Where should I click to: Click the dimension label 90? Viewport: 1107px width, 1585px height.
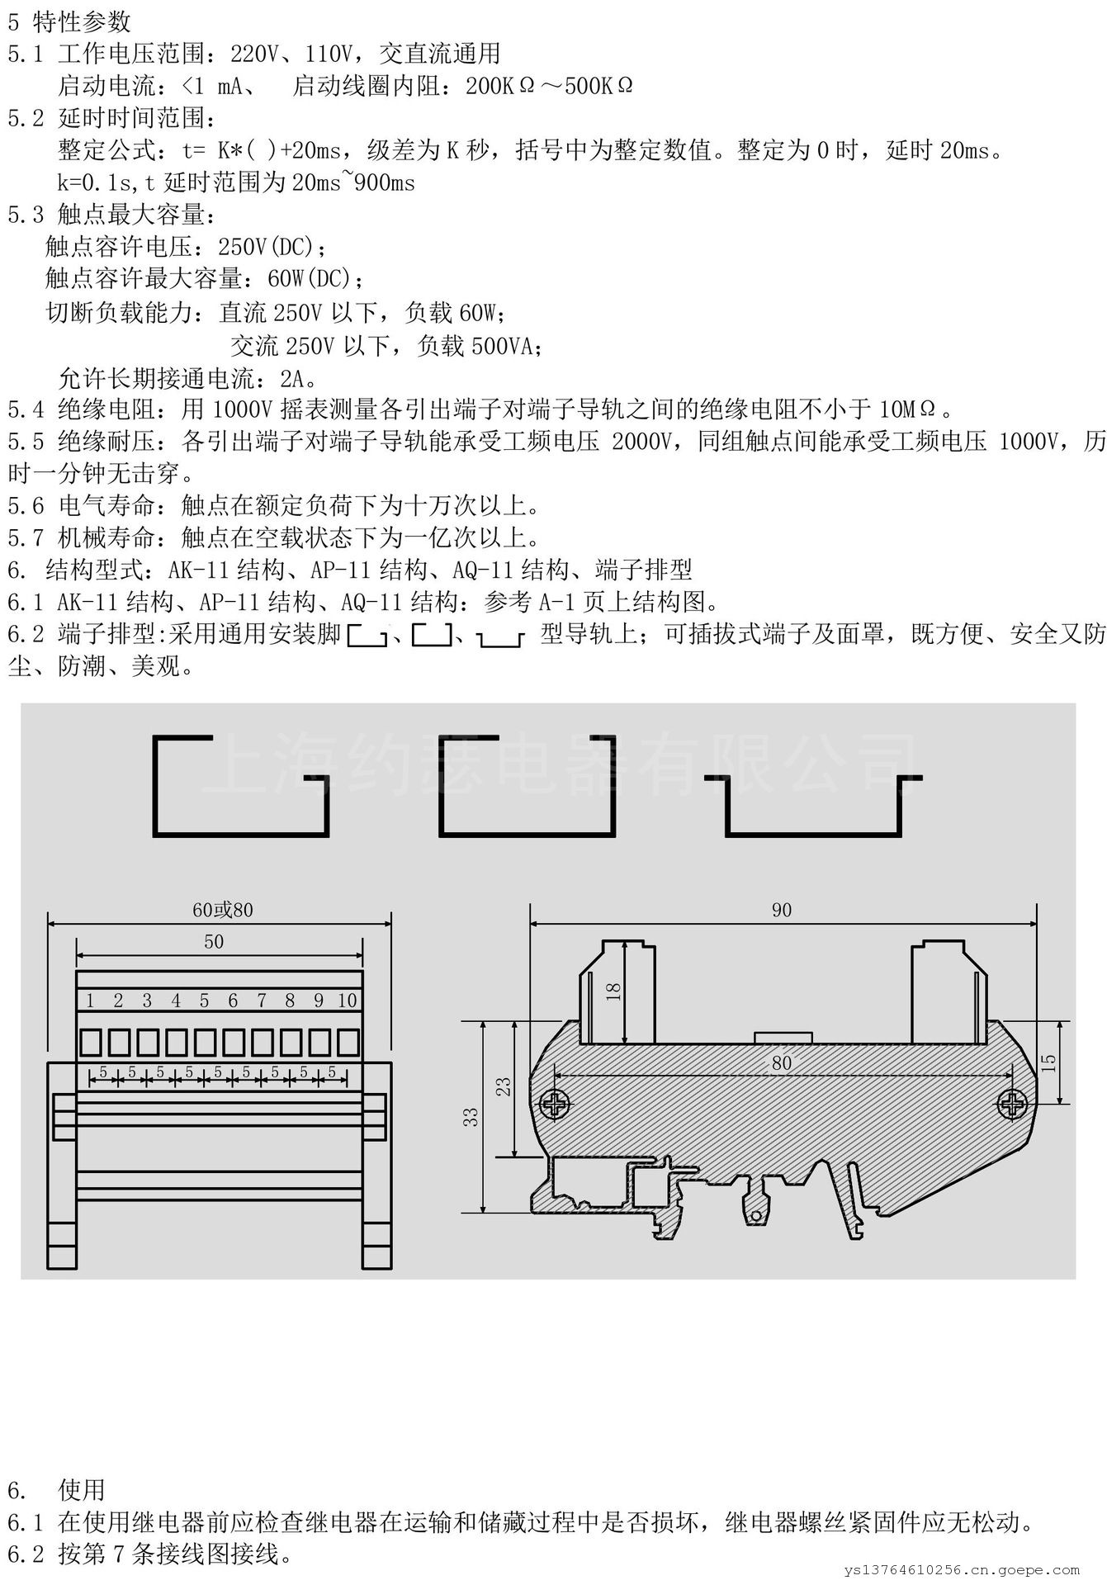click(781, 910)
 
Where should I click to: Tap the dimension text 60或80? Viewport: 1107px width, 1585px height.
click(223, 910)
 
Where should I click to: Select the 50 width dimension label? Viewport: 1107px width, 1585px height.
click(214, 942)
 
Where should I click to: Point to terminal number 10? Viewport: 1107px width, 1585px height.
click(348, 1001)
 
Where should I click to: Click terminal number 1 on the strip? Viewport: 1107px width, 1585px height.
click(90, 1001)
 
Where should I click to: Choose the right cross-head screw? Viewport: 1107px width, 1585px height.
click(1011, 1105)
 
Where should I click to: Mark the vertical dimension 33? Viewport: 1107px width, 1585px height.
click(471, 1118)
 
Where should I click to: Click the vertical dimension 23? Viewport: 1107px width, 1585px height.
click(504, 1086)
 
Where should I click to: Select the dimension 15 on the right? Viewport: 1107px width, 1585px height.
click(1048, 1062)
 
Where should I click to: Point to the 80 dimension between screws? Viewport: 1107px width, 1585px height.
click(781, 1063)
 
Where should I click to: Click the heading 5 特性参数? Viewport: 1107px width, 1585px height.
click(69, 22)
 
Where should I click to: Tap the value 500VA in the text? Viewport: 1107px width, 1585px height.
click(502, 346)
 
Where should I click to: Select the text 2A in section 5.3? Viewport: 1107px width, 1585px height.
click(293, 379)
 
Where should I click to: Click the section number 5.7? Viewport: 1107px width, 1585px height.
click(26, 538)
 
